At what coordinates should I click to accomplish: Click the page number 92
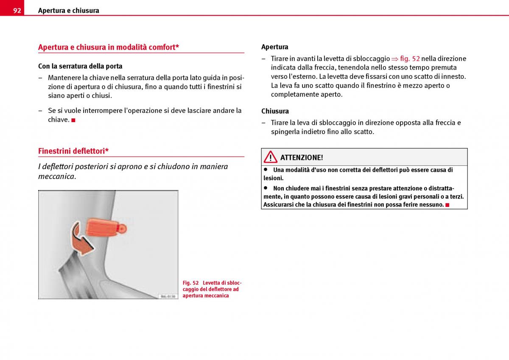coord(17,11)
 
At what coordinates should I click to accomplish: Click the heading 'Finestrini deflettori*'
coord(73,151)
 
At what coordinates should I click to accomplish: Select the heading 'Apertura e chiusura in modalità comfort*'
coord(108,47)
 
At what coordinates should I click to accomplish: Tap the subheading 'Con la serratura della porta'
coord(80,66)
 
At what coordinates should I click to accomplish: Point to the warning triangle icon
coord(270,157)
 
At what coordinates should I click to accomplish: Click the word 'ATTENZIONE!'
coord(302,158)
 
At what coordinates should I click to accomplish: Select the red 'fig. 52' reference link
coord(410,59)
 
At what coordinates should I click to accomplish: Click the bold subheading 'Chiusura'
coord(275,111)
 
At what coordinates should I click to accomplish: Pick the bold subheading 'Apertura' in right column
coord(274,47)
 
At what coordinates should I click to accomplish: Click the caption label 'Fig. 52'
coord(190,283)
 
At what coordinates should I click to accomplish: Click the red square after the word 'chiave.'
coord(73,120)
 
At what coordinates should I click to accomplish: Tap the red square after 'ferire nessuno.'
coord(447,205)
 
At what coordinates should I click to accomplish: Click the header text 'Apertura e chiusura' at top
coord(68,11)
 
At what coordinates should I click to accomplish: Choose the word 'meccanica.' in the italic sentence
coord(57,176)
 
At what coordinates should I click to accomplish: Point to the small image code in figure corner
coord(168,296)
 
